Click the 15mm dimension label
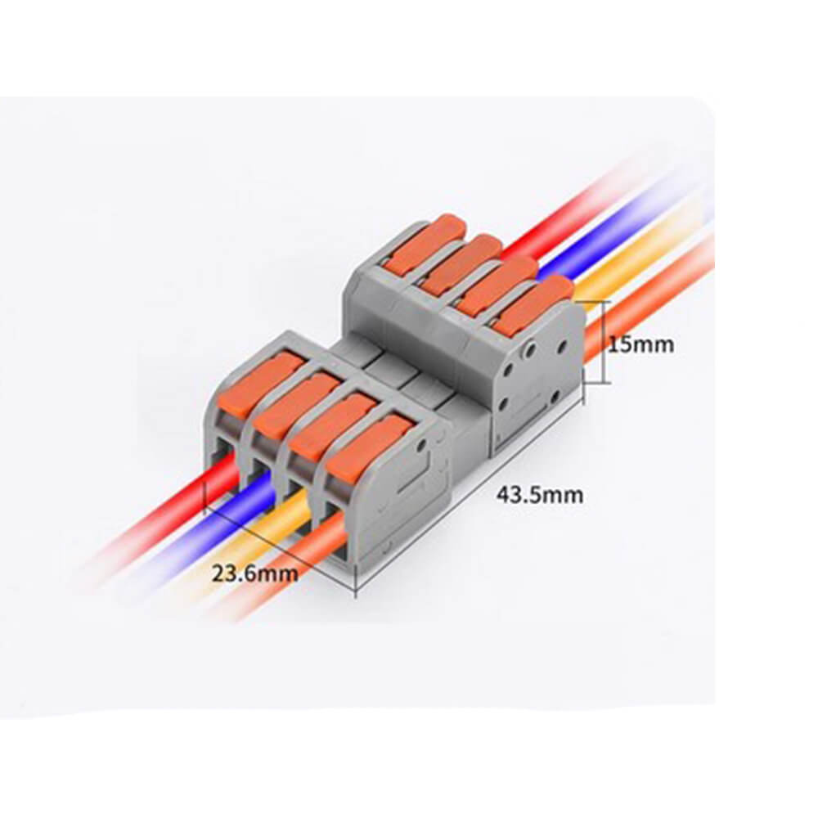(x=640, y=344)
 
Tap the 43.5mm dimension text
(x=539, y=494)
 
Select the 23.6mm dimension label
(x=255, y=573)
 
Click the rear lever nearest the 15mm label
(x=528, y=303)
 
